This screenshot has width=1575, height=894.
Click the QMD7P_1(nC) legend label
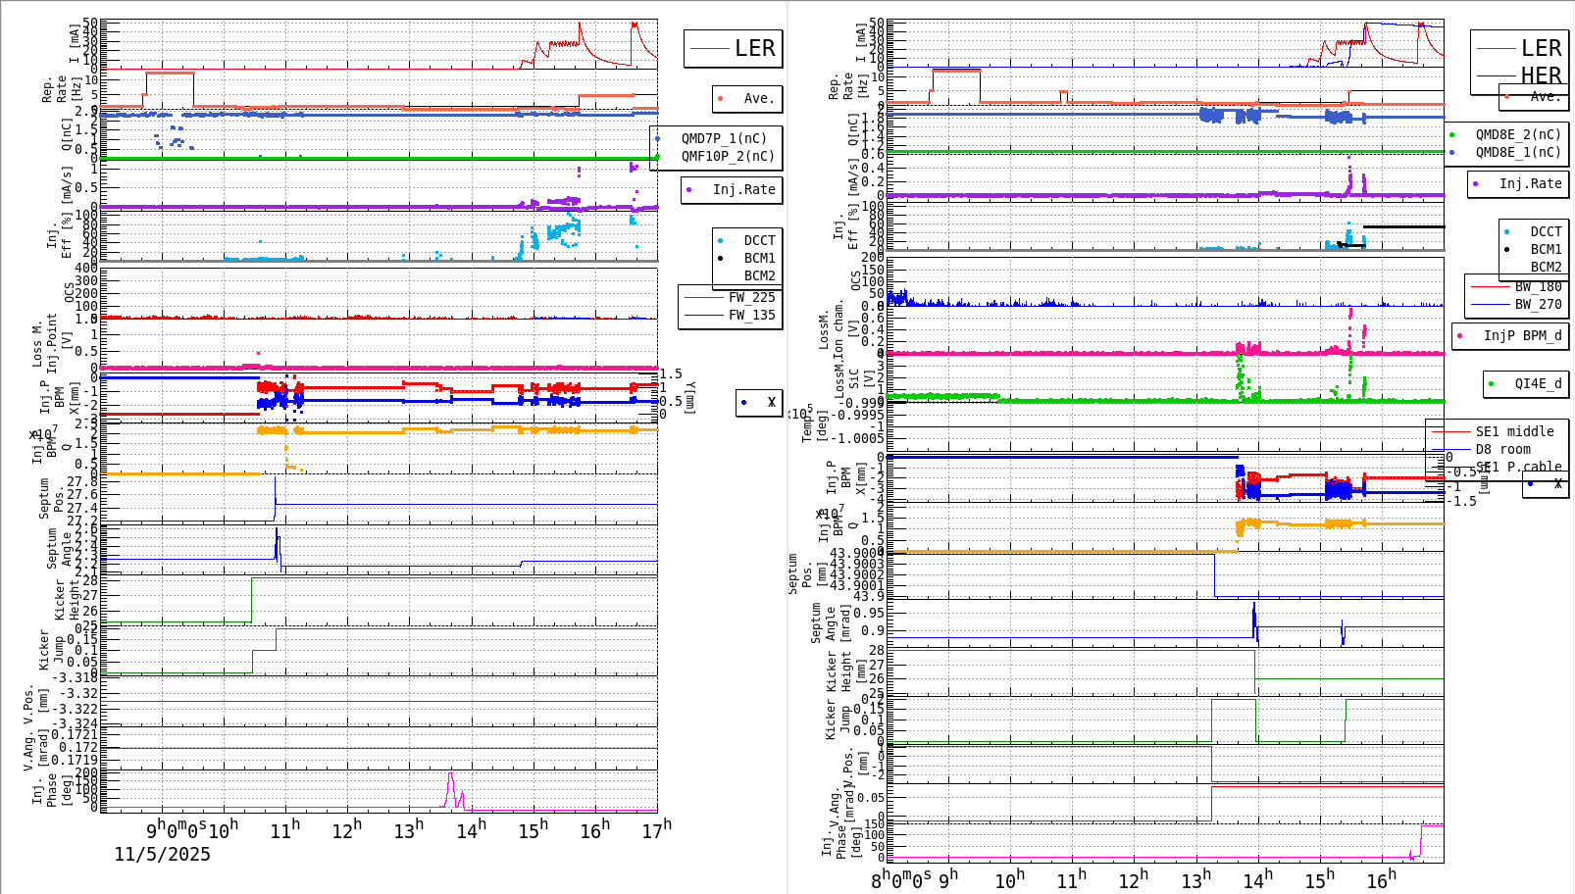(724, 138)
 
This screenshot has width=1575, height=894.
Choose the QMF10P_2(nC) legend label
(728, 156)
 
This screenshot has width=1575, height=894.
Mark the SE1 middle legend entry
(1514, 431)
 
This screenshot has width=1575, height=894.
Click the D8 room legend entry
(1504, 449)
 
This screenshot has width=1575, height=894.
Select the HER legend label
(1541, 75)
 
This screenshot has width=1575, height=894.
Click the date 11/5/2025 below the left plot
(162, 854)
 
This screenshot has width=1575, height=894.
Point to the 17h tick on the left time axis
(656, 830)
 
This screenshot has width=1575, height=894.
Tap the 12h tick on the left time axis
(346, 830)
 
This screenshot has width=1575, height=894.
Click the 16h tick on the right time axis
(1381, 879)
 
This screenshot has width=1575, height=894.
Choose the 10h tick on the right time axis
(1009, 879)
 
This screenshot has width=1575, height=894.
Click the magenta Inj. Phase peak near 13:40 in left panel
(450, 773)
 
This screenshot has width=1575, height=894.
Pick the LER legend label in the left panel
(754, 48)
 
